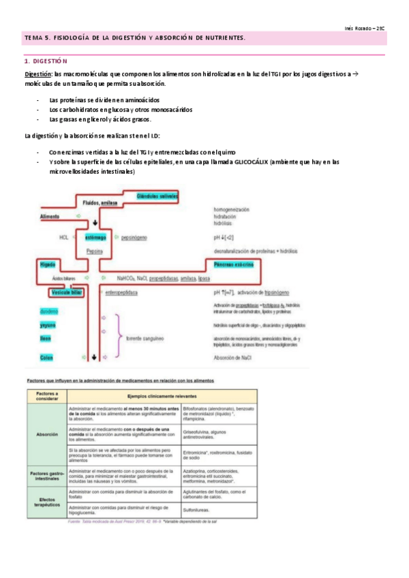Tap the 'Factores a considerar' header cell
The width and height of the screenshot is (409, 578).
coord(46,396)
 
